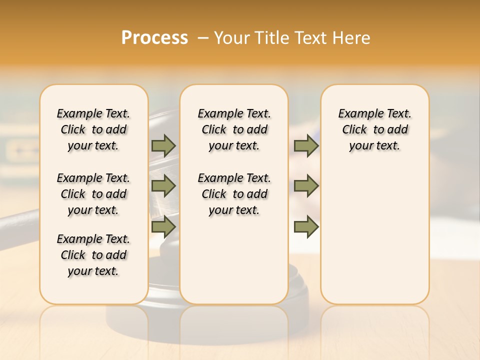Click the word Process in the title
click(x=154, y=38)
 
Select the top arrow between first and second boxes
click(x=163, y=145)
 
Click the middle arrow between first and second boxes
click(x=163, y=186)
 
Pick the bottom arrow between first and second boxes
click(x=163, y=226)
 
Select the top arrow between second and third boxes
click(x=306, y=145)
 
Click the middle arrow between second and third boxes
click(x=306, y=186)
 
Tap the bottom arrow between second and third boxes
click(x=306, y=226)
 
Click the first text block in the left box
click(x=93, y=129)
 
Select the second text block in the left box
click(x=93, y=194)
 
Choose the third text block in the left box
click(x=93, y=255)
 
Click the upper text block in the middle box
click(x=234, y=129)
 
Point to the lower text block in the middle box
click(x=234, y=194)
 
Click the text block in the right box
click(x=374, y=129)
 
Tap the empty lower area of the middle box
click(x=234, y=260)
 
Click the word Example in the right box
click(x=356, y=113)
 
